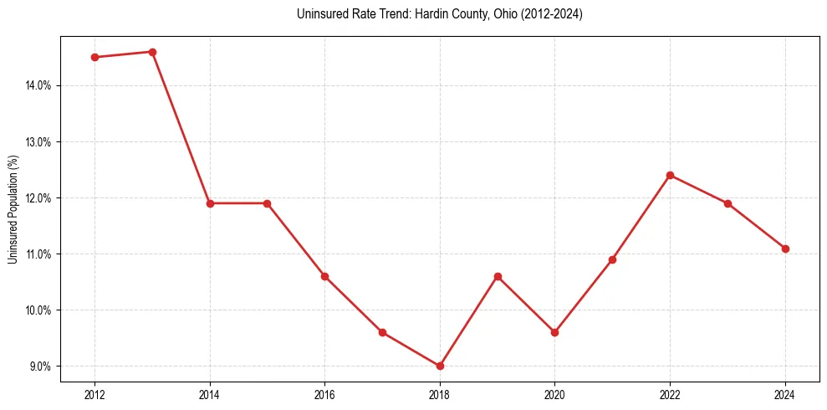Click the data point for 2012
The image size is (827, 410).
[x=95, y=57]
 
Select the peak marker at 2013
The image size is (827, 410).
[x=152, y=52]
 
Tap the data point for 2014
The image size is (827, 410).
[x=210, y=203]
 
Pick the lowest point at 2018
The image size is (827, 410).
[x=440, y=366]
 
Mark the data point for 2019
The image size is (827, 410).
[x=498, y=276]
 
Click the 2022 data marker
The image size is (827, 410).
[x=670, y=175]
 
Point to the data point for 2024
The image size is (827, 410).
[x=785, y=249]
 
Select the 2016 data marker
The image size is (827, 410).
[x=325, y=276]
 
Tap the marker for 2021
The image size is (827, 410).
[x=612, y=259]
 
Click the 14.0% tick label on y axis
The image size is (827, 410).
[x=38, y=85]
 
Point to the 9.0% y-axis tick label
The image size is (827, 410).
[x=40, y=366]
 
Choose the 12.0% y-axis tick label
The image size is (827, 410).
[x=38, y=197]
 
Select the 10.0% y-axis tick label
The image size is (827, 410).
[x=38, y=310]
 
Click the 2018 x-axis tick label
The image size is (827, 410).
[x=440, y=394]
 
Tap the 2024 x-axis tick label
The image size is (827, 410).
[x=785, y=394]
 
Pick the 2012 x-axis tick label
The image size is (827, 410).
[x=95, y=394]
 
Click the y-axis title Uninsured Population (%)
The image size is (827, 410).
[x=13, y=209]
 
